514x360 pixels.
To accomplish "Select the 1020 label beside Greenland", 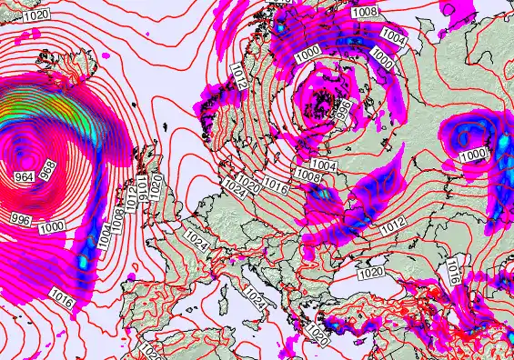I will [x=36, y=15].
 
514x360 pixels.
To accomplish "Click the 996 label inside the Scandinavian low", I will [x=344, y=111].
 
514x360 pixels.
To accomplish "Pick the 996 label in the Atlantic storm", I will [x=18, y=219].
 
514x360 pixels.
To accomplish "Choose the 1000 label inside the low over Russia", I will [x=473, y=155].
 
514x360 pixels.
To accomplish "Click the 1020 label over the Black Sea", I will [x=370, y=273].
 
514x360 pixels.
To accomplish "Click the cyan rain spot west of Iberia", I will [x=83, y=262].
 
